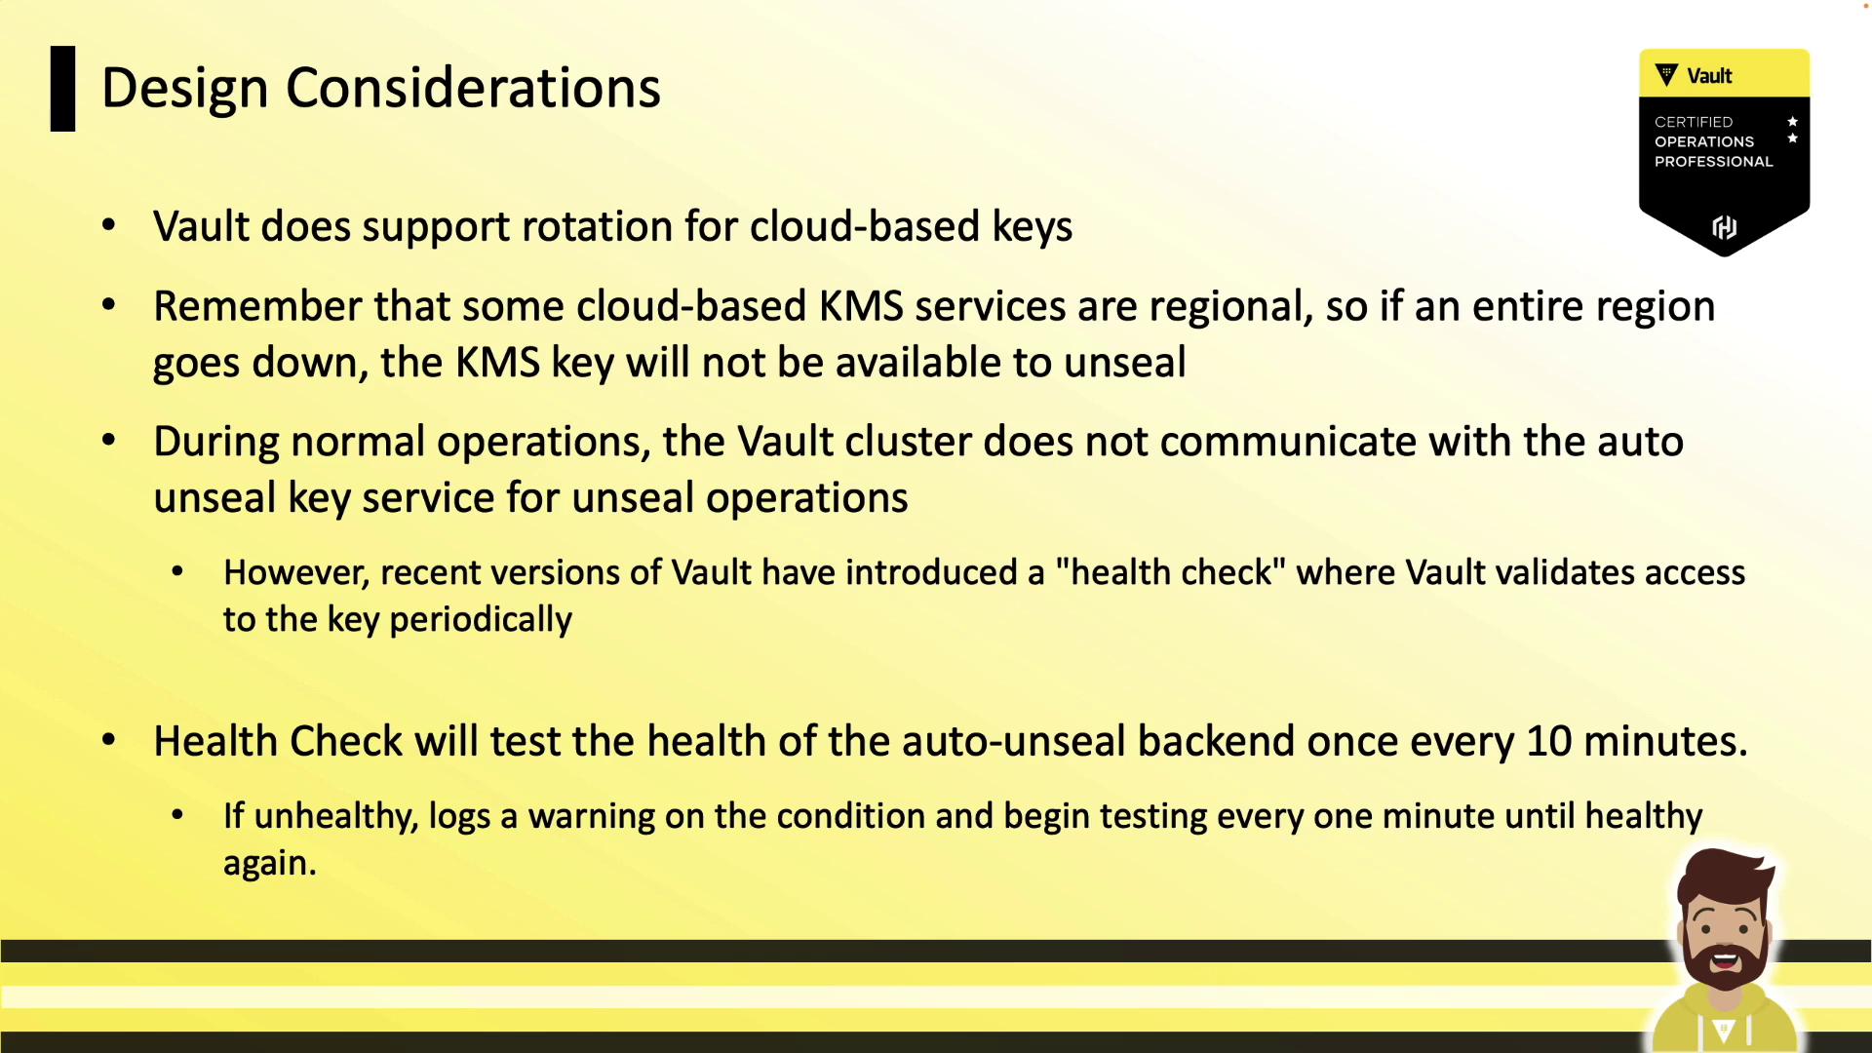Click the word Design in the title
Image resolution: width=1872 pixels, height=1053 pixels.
click(x=185, y=90)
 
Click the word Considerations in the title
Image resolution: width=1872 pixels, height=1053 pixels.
click(x=473, y=88)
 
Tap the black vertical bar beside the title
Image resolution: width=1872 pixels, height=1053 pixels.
click(x=62, y=89)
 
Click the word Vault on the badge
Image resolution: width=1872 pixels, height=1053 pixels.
click(x=1709, y=76)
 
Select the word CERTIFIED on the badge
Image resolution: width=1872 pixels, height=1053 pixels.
click(x=1694, y=122)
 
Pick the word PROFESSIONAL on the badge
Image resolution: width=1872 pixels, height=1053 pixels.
click(x=1713, y=162)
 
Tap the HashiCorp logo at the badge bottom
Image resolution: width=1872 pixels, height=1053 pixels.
click(x=1725, y=227)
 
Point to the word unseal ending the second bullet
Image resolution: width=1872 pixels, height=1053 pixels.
click(x=1124, y=363)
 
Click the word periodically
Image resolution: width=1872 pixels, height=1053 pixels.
click(x=481, y=620)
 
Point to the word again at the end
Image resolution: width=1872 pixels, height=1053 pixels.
click(x=270, y=864)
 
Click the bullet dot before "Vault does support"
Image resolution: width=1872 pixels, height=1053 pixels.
click(x=109, y=226)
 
